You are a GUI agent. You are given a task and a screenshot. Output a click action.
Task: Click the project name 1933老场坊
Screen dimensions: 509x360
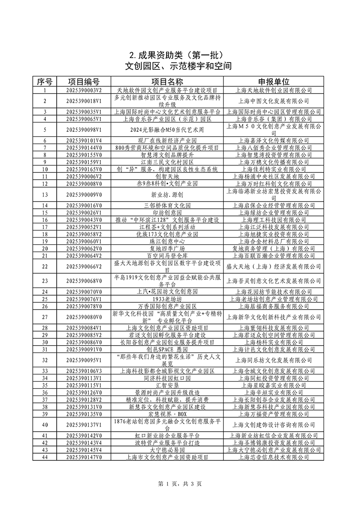click(167, 299)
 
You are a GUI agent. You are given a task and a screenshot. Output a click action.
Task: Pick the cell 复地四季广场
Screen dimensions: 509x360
click(167, 248)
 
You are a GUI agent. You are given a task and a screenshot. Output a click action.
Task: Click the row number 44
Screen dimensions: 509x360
click(45, 457)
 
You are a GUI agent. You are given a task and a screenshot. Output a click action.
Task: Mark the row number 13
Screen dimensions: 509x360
click(45, 194)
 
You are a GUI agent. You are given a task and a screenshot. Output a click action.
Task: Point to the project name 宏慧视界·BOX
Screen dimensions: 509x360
click(167, 414)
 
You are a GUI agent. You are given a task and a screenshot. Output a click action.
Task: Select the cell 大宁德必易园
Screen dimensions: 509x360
click(167, 450)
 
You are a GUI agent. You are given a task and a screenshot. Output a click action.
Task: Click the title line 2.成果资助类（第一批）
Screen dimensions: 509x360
click(180, 55)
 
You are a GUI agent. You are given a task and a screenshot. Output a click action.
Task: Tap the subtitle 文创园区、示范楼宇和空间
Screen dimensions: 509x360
click(180, 67)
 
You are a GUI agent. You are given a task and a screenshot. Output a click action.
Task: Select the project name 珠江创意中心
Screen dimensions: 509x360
click(167, 241)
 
